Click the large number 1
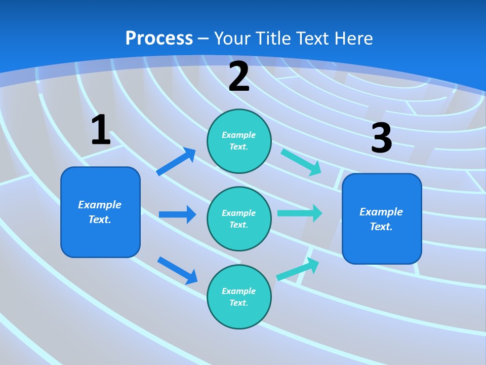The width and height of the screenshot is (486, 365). pos(101,130)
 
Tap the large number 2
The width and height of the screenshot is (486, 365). pos(239,77)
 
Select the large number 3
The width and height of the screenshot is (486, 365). pos(381,138)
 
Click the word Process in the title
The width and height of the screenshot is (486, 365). pos(159,38)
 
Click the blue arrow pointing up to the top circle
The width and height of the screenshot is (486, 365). pos(176,162)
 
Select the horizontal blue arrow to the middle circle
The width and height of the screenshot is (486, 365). pos(177,214)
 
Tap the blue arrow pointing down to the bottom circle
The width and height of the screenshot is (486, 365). pos(177,270)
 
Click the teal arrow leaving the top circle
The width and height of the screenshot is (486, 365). pos(301,161)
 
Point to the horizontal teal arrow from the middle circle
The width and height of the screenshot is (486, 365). pos(299,213)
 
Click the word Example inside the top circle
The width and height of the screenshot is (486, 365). pos(239,135)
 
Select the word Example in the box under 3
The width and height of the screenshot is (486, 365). pos(381,212)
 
